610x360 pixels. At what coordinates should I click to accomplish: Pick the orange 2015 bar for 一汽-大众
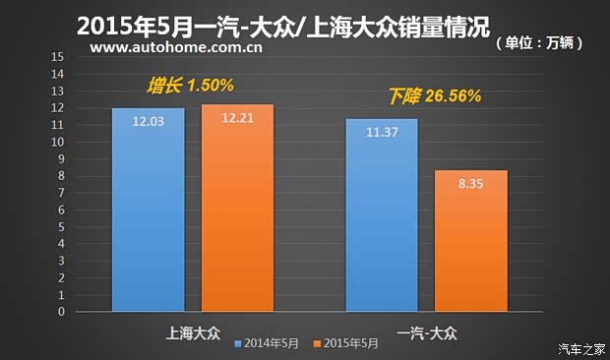(x=471, y=241)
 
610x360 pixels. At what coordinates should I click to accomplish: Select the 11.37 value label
(x=382, y=133)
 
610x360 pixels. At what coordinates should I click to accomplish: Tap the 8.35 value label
(x=471, y=184)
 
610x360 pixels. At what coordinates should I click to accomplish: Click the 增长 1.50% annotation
(x=190, y=86)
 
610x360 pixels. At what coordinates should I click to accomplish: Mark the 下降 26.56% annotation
(x=434, y=96)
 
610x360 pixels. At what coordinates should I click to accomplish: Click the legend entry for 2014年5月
(x=270, y=344)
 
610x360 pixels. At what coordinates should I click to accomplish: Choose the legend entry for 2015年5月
(x=346, y=344)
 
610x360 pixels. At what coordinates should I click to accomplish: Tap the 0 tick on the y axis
(x=61, y=312)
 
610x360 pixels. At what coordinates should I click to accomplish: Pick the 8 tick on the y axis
(x=61, y=176)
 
